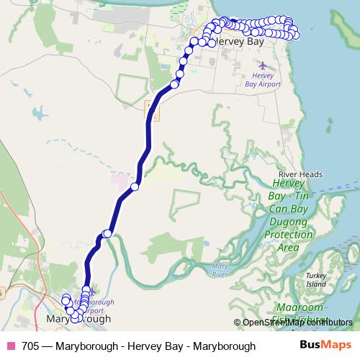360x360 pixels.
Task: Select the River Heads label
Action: (300, 174)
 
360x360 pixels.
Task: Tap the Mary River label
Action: (220, 270)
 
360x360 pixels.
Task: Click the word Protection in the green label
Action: (288, 235)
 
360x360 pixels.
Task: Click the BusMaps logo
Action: (327, 346)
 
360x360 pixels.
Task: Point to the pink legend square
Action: (11, 346)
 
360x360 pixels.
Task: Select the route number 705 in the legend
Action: (31, 346)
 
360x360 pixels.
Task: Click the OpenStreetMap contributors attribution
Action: (297, 323)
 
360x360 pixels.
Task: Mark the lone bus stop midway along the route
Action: (135, 187)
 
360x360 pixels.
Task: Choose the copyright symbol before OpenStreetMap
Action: (237, 323)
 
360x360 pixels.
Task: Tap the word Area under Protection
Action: (288, 247)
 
